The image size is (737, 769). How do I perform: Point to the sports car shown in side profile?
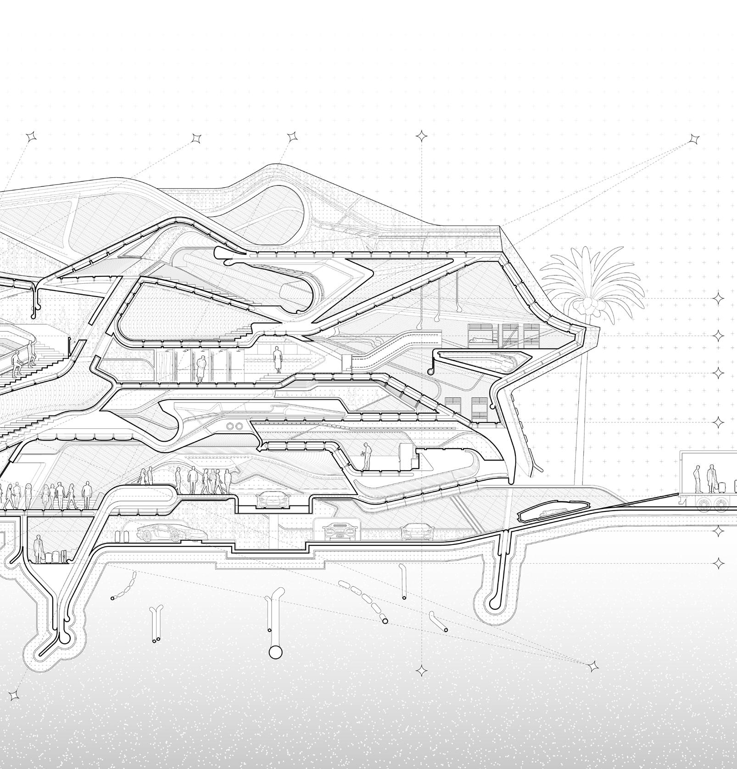tap(172, 533)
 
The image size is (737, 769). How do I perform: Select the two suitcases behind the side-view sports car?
tap(122, 535)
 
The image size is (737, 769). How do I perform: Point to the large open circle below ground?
tap(275, 652)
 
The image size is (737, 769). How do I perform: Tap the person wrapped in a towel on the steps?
tap(277, 359)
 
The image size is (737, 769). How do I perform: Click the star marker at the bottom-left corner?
tap(14, 695)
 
